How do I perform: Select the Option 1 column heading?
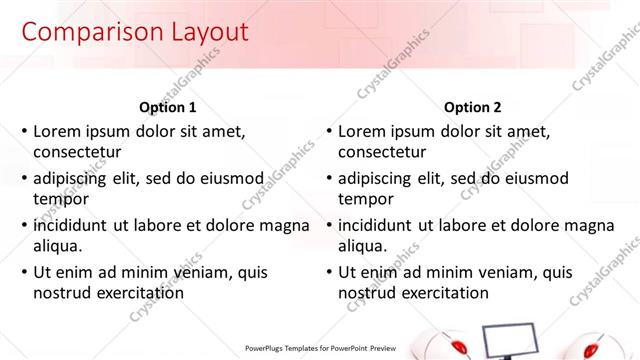click(x=165, y=107)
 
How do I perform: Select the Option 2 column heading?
click(x=472, y=107)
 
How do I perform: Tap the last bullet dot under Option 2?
click(x=329, y=272)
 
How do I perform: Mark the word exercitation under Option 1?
click(x=138, y=294)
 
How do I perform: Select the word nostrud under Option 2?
click(x=366, y=294)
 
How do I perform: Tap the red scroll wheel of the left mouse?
click(x=459, y=347)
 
